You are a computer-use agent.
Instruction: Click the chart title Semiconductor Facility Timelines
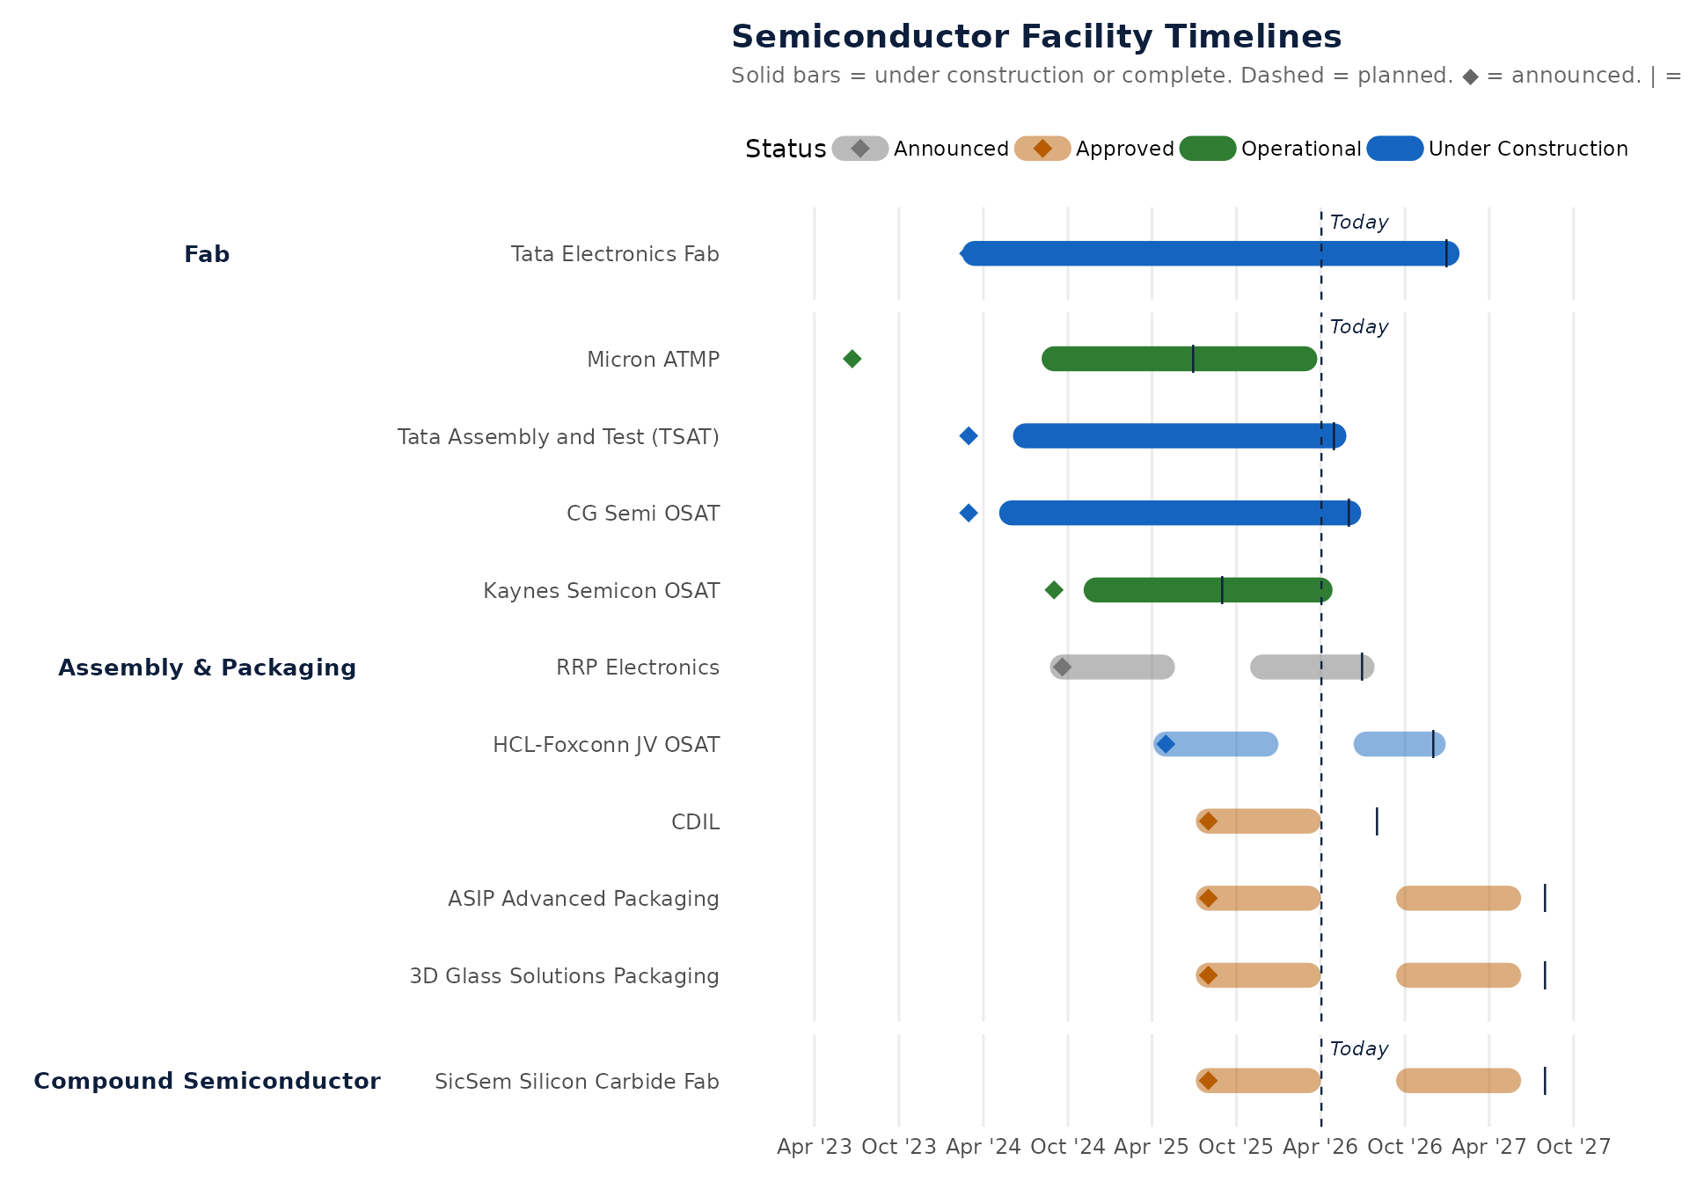point(1035,37)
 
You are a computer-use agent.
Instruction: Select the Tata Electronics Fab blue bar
point(1210,253)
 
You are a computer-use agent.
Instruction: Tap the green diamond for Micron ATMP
point(852,359)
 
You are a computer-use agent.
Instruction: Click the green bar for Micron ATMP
point(1179,359)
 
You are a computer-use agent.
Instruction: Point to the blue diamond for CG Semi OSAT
point(969,513)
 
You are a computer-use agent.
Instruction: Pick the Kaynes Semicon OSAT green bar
point(1207,590)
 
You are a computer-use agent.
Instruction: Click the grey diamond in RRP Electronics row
point(1062,668)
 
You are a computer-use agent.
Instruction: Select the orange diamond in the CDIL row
point(1208,821)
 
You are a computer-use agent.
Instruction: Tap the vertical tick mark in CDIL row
point(1377,821)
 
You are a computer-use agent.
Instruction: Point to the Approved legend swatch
point(1042,149)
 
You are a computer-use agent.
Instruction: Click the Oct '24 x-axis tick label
point(1067,1147)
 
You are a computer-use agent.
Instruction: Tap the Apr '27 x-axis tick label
point(1488,1147)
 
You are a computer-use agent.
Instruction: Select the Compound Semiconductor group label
point(207,1081)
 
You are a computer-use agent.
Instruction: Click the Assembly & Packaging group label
point(207,668)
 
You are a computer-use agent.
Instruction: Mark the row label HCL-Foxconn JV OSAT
point(605,745)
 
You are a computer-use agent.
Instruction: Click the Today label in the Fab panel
point(1358,223)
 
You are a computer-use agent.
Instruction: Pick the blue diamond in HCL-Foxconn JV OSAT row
point(1166,745)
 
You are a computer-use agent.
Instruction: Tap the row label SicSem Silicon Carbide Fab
point(576,1082)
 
